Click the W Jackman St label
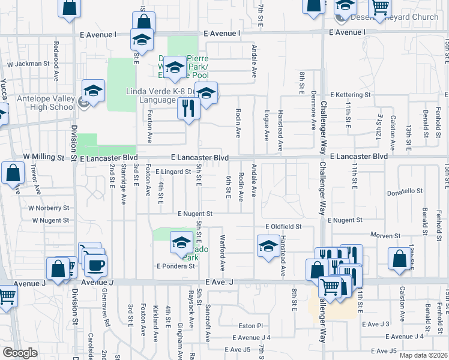tap(28, 63)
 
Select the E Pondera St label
tap(175, 265)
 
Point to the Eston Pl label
tap(251, 326)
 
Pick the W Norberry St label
tap(48, 208)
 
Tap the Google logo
tap(20, 353)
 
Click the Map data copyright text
tap(424, 355)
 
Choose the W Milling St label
tap(43, 157)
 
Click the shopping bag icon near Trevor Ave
tap(13, 174)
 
